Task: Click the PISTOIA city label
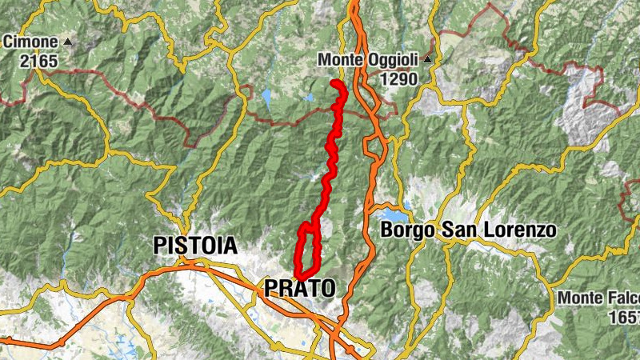(x=195, y=246)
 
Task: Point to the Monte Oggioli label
(x=370, y=60)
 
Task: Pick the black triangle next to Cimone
(x=67, y=42)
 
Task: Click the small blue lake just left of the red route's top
(x=310, y=98)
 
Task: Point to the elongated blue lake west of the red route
(x=266, y=98)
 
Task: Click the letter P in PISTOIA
(x=160, y=246)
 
